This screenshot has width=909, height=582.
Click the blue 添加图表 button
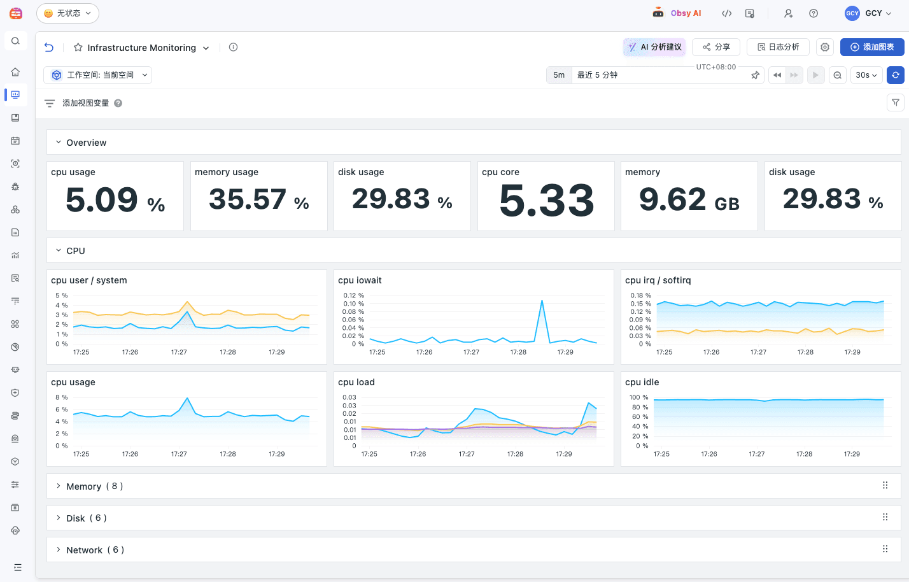pos(871,47)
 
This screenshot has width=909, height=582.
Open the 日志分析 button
pos(778,47)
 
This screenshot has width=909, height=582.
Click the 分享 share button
pos(716,47)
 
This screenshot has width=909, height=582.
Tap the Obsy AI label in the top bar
pos(686,13)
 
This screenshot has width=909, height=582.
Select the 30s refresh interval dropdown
pos(866,75)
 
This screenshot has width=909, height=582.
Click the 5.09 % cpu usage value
pos(115,200)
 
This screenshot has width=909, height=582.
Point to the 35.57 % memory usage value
pos(259,200)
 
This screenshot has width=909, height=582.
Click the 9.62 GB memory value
pos(689,200)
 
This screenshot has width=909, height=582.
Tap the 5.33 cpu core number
pos(546,201)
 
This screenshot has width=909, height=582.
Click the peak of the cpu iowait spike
pos(542,301)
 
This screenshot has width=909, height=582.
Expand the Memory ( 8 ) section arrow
pos(59,486)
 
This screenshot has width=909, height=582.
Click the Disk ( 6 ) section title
pos(87,518)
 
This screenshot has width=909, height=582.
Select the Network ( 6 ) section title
pos(95,550)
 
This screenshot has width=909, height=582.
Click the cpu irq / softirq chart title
pos(658,280)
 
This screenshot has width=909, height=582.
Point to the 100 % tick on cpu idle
pos(638,397)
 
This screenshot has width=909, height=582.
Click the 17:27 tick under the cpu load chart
pos(467,454)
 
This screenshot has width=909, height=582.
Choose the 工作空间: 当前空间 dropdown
pos(98,75)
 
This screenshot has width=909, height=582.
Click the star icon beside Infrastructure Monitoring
pos(78,48)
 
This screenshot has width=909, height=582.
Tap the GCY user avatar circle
pos(852,13)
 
